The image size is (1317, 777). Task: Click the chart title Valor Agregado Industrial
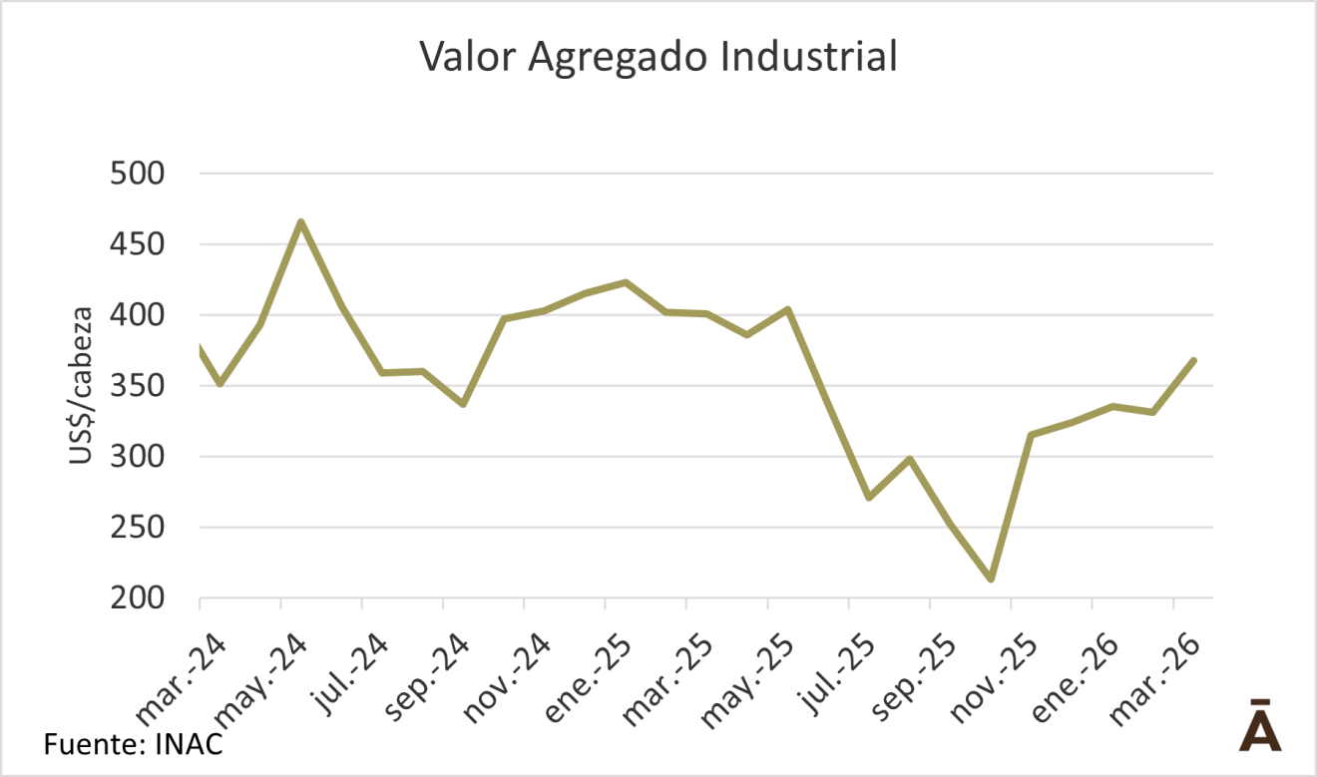tap(658, 57)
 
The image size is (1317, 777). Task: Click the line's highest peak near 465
tap(300, 221)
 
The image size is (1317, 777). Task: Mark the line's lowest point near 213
tap(990, 580)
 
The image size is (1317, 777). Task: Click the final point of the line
tap(1193, 360)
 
